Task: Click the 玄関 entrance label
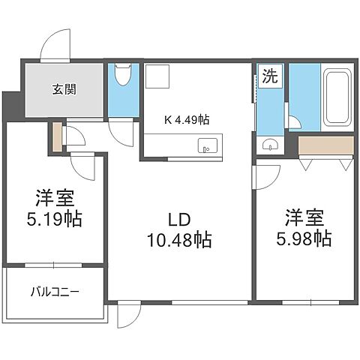click(x=64, y=91)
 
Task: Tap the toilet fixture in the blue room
click(x=124, y=75)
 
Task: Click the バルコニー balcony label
click(x=55, y=291)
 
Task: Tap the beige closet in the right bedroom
click(x=325, y=145)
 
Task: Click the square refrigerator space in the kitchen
click(x=158, y=76)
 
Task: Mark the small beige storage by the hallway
click(x=57, y=135)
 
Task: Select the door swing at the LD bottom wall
click(x=128, y=315)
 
